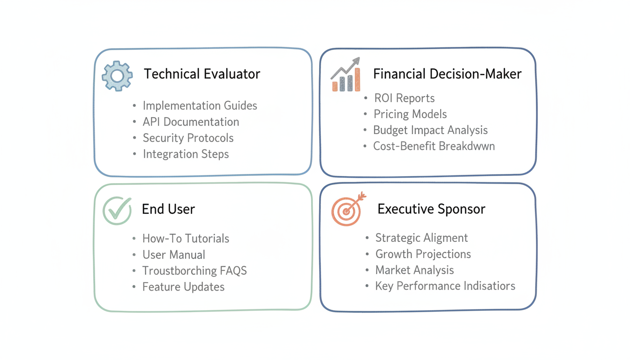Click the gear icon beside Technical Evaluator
click(117, 75)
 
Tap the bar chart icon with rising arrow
click(346, 75)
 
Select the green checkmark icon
click(117, 210)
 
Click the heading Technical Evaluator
click(202, 74)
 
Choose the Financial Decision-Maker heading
click(447, 74)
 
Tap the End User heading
click(168, 209)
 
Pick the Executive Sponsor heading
click(431, 209)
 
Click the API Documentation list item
click(191, 122)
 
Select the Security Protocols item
click(188, 138)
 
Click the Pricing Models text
click(410, 114)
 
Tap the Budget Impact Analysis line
click(430, 130)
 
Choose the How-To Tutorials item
click(186, 238)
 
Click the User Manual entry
click(174, 255)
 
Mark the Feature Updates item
click(183, 287)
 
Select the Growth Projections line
click(423, 254)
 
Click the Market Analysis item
click(414, 270)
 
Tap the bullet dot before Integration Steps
click(135, 154)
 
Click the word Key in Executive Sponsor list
click(384, 286)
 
